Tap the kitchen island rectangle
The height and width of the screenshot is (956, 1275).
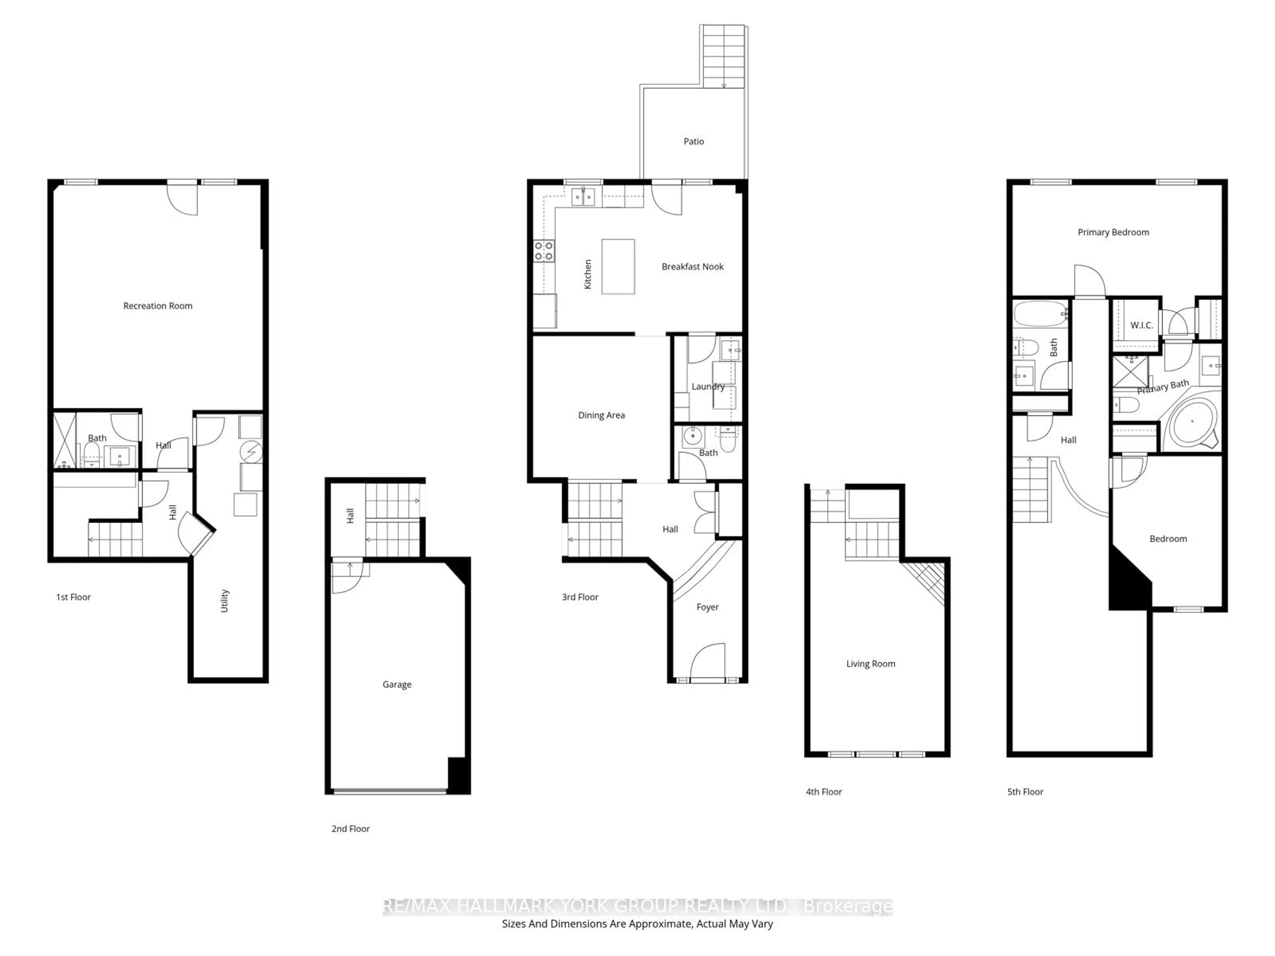click(618, 267)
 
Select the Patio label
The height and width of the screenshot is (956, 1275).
click(693, 141)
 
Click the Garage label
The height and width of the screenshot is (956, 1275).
click(396, 684)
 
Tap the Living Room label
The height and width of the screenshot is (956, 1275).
click(870, 664)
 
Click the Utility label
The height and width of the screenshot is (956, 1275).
click(225, 600)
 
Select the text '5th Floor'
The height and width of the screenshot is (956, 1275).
click(1025, 792)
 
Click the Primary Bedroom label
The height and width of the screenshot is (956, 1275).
click(1113, 232)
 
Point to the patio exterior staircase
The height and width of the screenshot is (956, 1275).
click(724, 56)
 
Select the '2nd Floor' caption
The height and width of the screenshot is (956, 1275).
click(350, 829)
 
